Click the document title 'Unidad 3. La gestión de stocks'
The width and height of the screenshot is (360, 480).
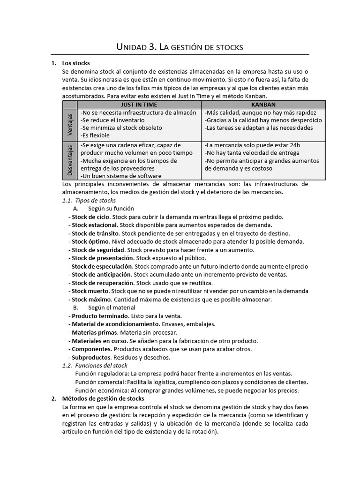click(x=180, y=47)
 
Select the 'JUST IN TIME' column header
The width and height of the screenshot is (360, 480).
click(x=139, y=104)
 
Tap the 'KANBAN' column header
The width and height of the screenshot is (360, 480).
click(x=263, y=104)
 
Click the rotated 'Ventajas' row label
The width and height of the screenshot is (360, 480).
click(x=70, y=125)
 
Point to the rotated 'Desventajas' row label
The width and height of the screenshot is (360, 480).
click(x=70, y=161)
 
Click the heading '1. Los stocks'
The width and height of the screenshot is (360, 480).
click(x=75, y=63)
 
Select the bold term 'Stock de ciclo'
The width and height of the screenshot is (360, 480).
click(x=90, y=217)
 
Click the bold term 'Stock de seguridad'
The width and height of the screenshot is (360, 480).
click(x=98, y=250)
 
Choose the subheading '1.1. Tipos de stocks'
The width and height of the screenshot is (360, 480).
click(x=89, y=200)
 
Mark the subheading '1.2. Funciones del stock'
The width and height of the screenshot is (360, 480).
click(x=95, y=365)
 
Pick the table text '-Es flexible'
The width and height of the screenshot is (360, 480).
click(x=95, y=135)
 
